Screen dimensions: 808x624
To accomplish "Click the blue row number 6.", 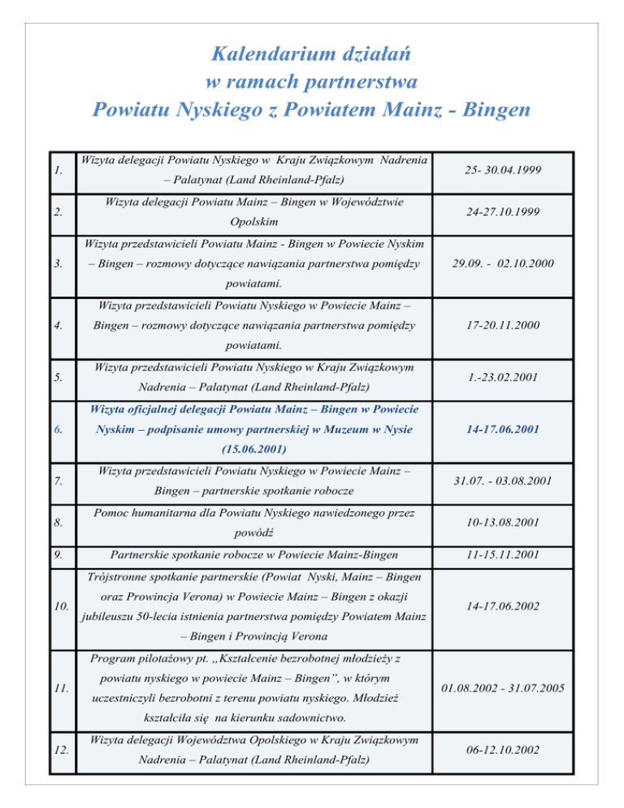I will point(55,428).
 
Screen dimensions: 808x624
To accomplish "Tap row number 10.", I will point(58,607).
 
